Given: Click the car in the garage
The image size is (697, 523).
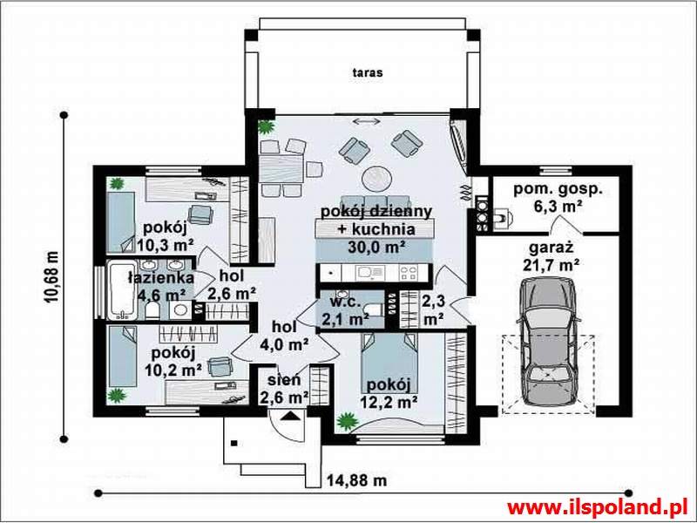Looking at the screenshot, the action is click(x=549, y=342).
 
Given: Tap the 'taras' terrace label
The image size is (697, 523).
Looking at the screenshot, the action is click(x=367, y=72).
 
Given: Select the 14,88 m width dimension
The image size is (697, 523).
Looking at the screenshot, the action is click(x=357, y=480).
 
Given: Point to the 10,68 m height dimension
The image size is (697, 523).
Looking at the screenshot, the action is click(x=51, y=277).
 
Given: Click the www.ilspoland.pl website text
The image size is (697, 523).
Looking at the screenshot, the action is click(x=599, y=507).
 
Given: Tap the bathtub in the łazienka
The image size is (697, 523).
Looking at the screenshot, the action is click(x=121, y=290).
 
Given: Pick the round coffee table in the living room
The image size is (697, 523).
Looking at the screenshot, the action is click(x=376, y=179).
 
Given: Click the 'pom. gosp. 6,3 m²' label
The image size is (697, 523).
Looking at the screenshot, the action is click(x=558, y=197).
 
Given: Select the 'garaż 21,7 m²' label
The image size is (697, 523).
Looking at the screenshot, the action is click(x=552, y=256).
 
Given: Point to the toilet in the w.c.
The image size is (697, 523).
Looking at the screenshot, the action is click(x=374, y=309).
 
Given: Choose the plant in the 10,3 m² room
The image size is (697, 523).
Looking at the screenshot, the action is click(x=117, y=183).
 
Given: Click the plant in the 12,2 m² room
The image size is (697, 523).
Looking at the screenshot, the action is click(x=347, y=421).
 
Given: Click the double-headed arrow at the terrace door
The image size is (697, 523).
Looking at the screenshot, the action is click(x=367, y=121).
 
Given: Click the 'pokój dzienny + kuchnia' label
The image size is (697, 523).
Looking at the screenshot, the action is click(x=376, y=221).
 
